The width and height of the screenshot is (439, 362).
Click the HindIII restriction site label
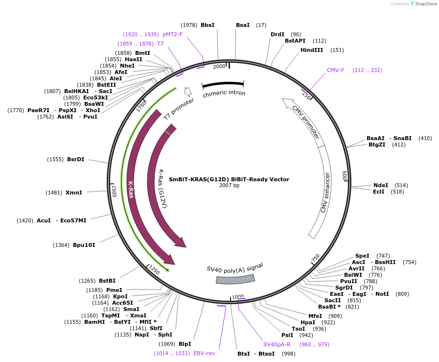(312, 50)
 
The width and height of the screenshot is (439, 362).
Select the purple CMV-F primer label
(336, 70)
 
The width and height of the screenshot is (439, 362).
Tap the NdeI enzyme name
(380, 185)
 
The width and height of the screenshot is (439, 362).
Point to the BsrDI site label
(75, 159)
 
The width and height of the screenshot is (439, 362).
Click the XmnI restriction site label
(73, 193)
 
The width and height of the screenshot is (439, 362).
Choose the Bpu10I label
(84, 244)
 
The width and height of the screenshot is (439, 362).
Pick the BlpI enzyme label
(185, 344)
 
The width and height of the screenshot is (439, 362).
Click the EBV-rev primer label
(204, 353)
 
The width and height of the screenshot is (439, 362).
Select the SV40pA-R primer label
(277, 344)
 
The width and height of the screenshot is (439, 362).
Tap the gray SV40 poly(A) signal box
(235, 279)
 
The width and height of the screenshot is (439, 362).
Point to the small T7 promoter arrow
(187, 92)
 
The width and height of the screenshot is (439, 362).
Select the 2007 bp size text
(229, 185)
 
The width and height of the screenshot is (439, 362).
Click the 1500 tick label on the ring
(114, 191)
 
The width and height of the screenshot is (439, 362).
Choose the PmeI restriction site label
(114, 290)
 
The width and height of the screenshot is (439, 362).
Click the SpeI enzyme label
(362, 256)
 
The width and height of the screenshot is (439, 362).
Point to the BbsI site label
(208, 25)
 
